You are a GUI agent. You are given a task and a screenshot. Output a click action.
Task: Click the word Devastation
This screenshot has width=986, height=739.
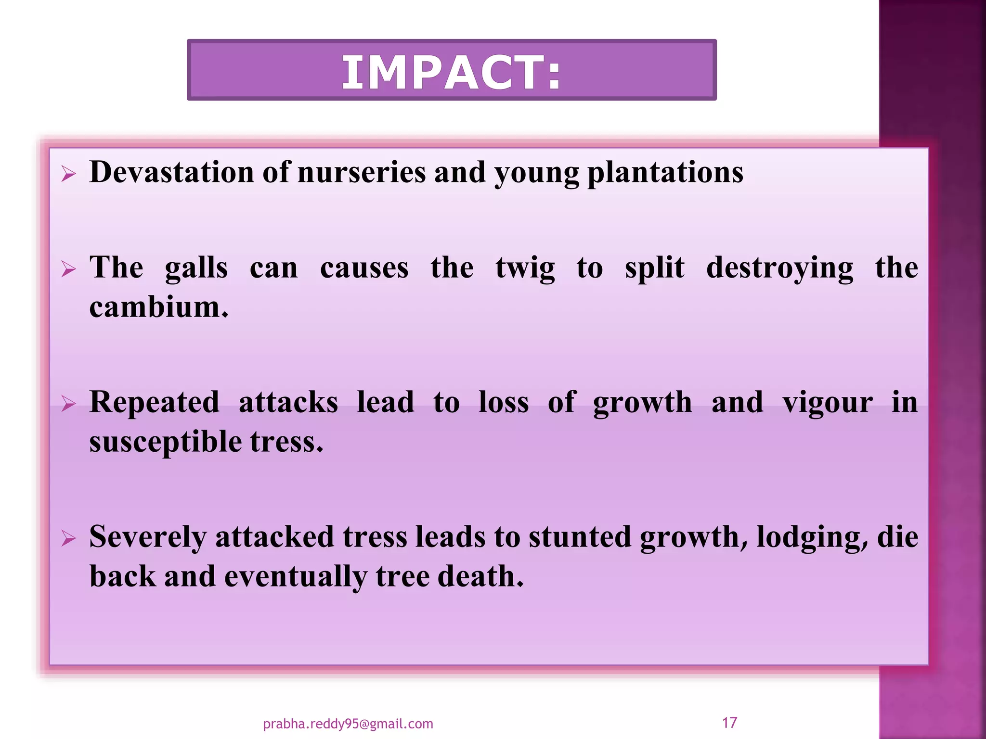tap(171, 172)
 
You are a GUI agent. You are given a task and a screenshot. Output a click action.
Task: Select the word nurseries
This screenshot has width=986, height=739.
tap(362, 172)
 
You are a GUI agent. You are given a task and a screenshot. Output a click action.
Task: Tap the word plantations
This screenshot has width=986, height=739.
tap(665, 172)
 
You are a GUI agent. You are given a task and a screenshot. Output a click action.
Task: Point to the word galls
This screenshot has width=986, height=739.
tap(196, 268)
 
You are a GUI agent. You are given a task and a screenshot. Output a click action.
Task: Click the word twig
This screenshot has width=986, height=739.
tap(525, 268)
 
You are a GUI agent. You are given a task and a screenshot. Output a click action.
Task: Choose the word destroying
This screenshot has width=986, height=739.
tap(779, 268)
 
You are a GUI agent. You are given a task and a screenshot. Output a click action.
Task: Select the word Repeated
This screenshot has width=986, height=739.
tap(154, 402)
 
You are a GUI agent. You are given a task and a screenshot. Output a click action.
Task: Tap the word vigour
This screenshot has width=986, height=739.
tap(827, 402)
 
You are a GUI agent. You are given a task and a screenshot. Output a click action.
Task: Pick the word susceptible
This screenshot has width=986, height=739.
tap(165, 442)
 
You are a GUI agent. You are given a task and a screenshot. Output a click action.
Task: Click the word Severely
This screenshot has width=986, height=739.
tap(147, 537)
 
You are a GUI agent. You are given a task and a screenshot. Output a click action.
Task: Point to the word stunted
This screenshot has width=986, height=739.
tap(580, 537)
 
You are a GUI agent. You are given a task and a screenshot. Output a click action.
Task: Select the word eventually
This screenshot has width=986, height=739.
tap(295, 576)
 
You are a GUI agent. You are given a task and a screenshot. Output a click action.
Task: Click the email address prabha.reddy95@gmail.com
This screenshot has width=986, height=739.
tap(348, 724)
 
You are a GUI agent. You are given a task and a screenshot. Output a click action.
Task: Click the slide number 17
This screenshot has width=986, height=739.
tap(729, 722)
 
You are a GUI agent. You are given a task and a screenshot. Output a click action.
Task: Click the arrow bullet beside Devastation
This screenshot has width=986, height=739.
tap(68, 174)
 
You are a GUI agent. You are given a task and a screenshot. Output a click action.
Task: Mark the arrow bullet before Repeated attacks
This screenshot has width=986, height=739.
tap(68, 404)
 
